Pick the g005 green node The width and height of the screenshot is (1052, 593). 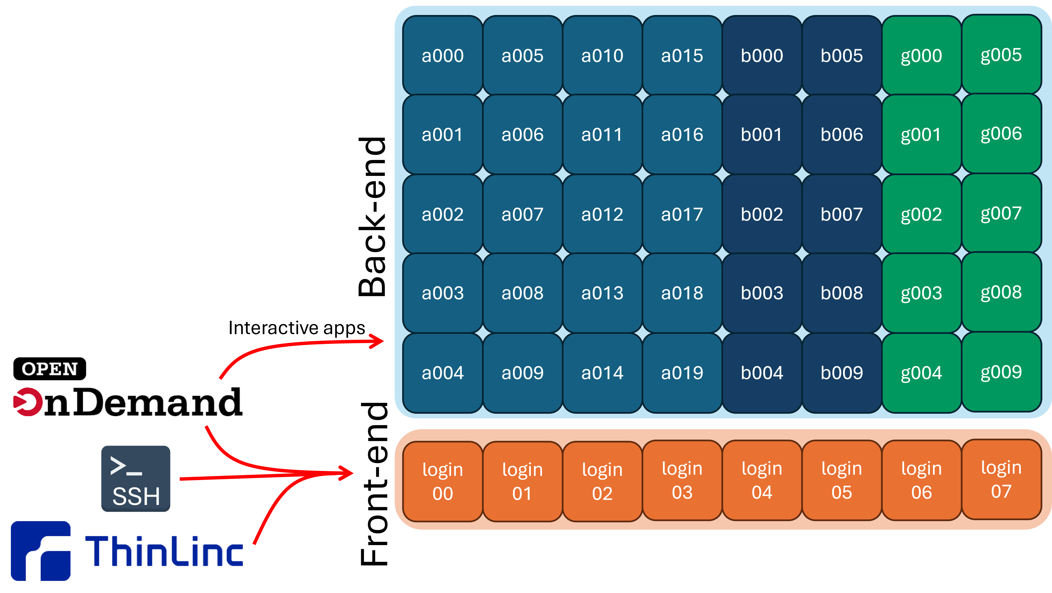pos(1001,54)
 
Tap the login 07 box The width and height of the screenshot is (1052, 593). pos(1001,479)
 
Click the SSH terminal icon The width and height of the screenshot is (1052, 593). pos(136,478)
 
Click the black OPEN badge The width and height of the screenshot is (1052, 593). pos(49,369)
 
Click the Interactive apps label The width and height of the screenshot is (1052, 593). pos(296,328)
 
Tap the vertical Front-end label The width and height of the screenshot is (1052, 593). pos(374,484)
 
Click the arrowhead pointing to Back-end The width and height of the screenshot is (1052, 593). pos(378,341)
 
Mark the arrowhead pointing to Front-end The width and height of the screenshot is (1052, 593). pos(347,473)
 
